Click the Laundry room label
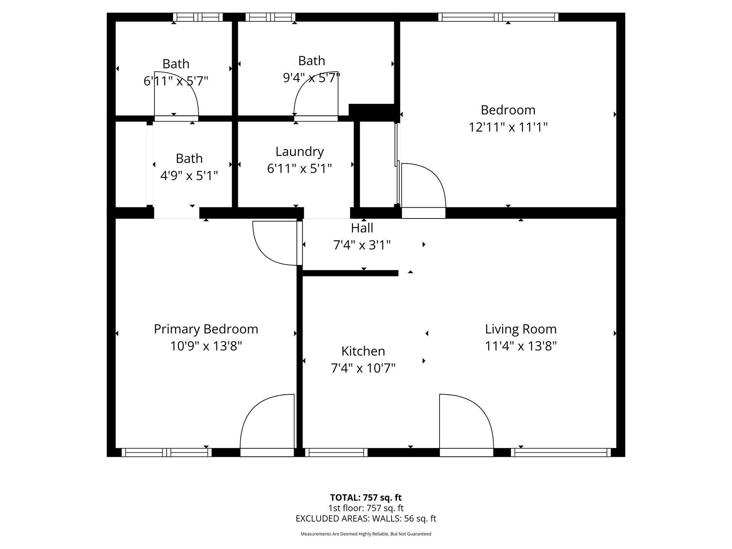300,151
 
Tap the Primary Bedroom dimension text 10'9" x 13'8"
206,346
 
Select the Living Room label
521,329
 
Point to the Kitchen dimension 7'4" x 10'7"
363,368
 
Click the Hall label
362,228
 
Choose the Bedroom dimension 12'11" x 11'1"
508,127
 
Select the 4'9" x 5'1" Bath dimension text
189,176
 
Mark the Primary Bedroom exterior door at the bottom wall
267,453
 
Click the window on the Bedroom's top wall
498,17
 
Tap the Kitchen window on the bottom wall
336,453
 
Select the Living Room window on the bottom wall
560,453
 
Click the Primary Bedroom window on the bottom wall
167,453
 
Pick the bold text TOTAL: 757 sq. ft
366,498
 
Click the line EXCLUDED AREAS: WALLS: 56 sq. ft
366,518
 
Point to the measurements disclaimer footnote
366,534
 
